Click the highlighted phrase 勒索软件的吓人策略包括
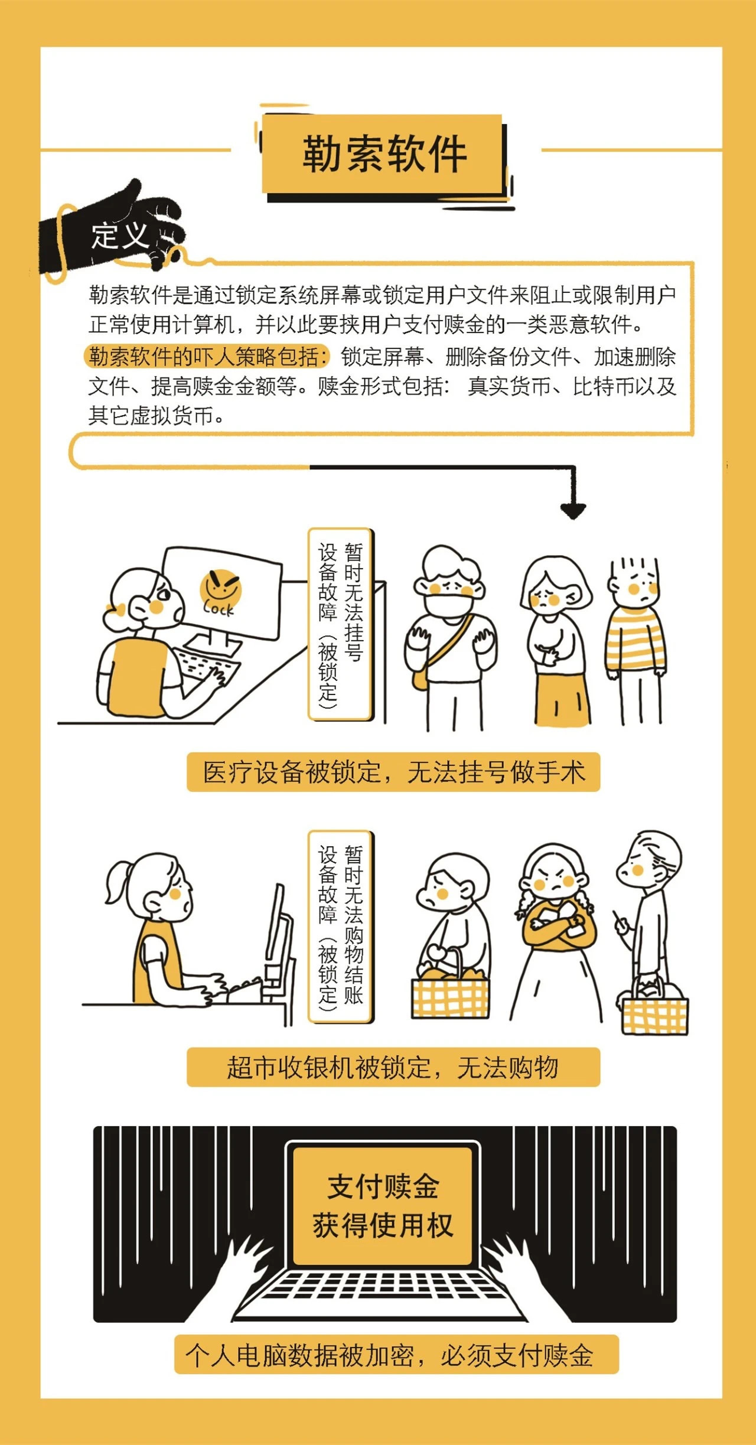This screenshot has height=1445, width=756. [207, 356]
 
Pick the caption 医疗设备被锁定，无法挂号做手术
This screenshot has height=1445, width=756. [393, 772]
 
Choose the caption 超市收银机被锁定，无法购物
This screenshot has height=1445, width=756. [393, 1067]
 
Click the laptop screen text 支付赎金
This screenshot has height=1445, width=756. [383, 1186]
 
